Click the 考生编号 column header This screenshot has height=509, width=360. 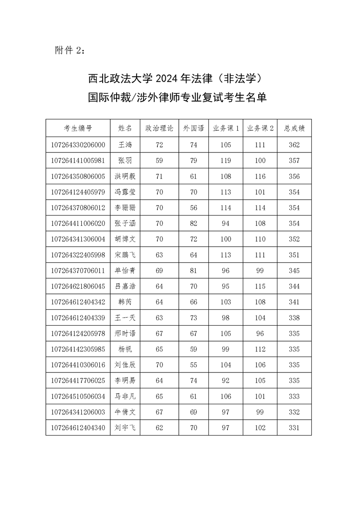tap(78, 128)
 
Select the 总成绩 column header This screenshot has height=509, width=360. tap(294, 128)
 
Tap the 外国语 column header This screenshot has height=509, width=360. tap(193, 128)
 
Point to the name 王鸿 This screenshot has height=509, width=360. tap(125, 145)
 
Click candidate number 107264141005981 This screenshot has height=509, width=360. tap(78, 161)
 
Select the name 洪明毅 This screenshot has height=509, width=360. tap(125, 176)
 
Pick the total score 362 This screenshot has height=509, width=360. tap(294, 145)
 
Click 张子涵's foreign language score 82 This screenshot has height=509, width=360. tap(193, 223)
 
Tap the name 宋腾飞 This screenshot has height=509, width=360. tap(125, 254)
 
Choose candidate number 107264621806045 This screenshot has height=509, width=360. tap(78, 286)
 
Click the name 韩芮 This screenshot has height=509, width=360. tap(125, 302)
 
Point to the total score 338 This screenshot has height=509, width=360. tap(294, 318)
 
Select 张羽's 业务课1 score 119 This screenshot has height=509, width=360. tap(226, 161)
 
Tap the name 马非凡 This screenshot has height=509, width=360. tap(125, 396)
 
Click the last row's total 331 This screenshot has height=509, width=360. tap(294, 427)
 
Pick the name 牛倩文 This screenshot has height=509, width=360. tap(125, 412)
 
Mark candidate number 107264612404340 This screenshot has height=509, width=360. tap(78, 427)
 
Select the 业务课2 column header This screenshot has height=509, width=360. tap(260, 128)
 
